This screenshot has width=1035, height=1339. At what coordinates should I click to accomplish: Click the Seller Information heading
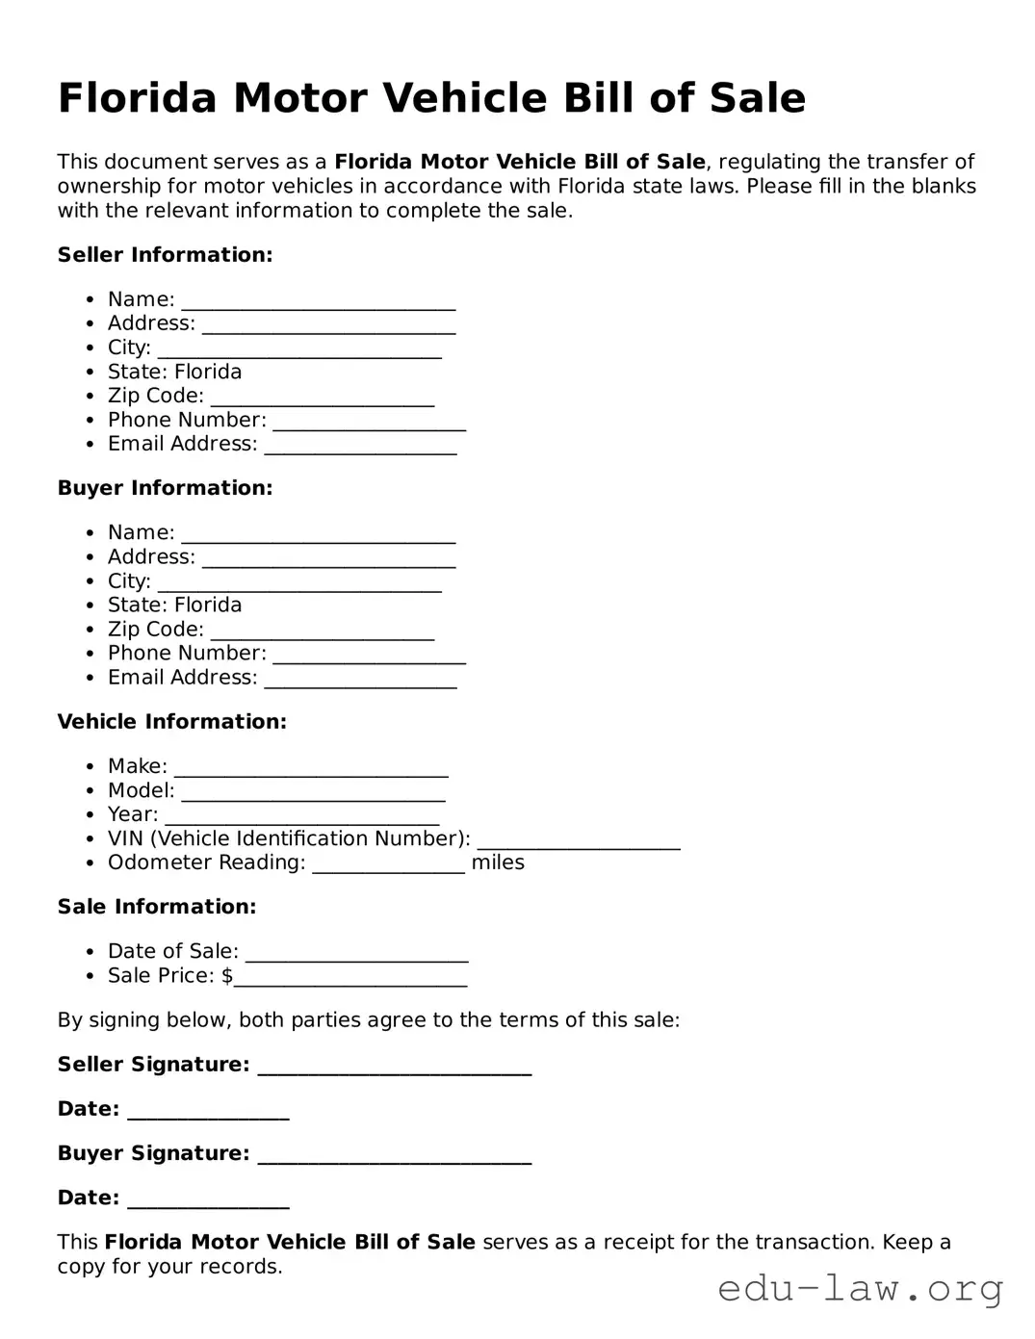[165, 255]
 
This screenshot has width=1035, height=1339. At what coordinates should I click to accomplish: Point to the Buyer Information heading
[165, 488]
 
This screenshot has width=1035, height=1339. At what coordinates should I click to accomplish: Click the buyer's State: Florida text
[174, 605]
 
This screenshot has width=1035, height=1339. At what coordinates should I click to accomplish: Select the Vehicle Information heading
[171, 722]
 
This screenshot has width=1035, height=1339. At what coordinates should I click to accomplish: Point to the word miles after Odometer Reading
[498, 863]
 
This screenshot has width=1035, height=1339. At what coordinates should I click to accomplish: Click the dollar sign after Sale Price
[227, 975]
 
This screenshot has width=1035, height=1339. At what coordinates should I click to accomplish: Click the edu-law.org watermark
[860, 1287]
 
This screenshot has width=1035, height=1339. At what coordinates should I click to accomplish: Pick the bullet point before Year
[90, 815]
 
